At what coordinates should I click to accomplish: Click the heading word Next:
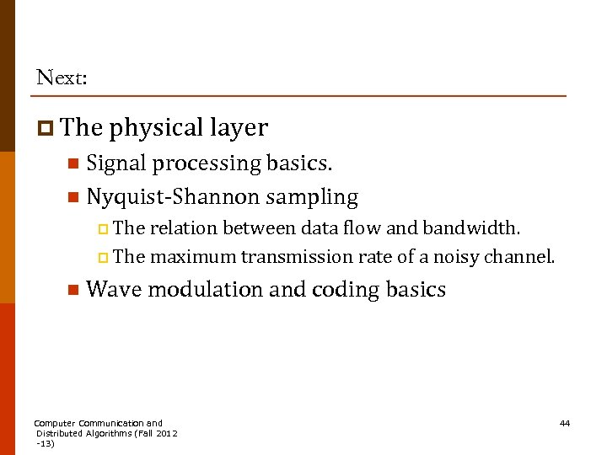(x=62, y=78)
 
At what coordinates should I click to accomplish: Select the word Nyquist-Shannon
(x=173, y=197)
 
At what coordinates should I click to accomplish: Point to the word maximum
(x=192, y=256)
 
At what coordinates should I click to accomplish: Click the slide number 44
(x=565, y=423)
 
